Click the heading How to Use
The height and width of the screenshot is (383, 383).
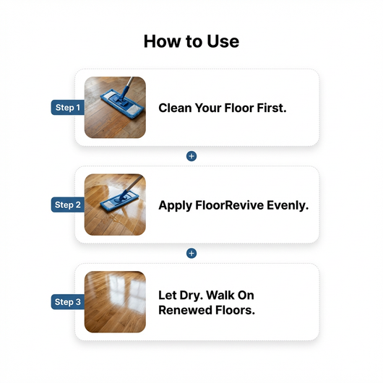191,41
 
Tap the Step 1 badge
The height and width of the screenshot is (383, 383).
68,108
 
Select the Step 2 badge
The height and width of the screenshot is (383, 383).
68,205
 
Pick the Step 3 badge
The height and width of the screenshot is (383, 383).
68,302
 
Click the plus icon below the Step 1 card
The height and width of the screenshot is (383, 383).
191,156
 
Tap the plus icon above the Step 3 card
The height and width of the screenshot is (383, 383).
191,253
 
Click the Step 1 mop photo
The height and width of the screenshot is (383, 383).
115,108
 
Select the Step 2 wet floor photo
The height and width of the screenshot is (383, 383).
115,205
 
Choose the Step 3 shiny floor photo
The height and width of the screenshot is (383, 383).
115,302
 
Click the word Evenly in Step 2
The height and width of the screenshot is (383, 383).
289,205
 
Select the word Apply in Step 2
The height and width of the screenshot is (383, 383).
176,205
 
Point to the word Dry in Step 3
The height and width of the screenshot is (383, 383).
193,296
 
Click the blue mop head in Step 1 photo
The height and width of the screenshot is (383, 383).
111,103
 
